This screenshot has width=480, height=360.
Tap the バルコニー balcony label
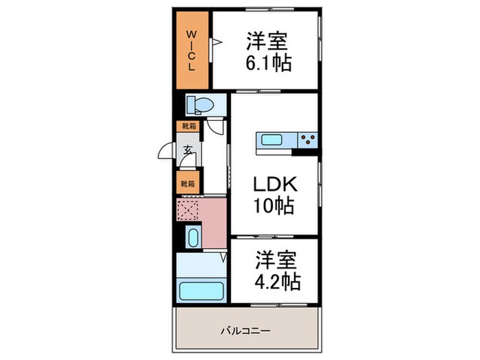click(245, 331)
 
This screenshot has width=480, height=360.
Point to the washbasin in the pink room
click(193, 239)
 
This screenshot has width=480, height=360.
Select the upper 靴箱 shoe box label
click(187, 127)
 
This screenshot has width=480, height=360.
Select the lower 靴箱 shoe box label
click(187, 184)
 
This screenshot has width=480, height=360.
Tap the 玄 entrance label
click(187, 152)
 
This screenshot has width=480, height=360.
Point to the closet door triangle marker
click(215, 43)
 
